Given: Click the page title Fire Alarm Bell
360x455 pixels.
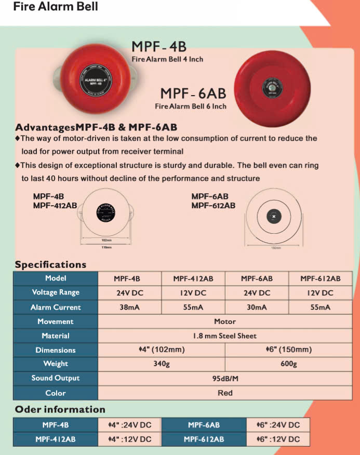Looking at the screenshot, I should point(56,7).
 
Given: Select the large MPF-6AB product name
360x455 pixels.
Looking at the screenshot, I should point(193,93).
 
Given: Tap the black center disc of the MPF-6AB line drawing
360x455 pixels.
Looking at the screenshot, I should point(273,216).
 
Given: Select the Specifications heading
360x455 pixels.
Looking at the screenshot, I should point(50,264).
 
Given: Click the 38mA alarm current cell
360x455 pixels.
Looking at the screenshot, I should point(129,307).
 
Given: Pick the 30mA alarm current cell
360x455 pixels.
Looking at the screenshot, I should point(257,307).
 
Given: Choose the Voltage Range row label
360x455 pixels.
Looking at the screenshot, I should point(56,292).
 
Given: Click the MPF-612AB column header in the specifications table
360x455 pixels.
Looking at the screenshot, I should point(320,278).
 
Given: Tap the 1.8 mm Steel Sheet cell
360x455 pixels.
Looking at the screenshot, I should point(225,336).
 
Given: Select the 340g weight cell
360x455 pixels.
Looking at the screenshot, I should point(162,364).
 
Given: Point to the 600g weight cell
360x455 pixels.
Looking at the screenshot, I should point(288,364).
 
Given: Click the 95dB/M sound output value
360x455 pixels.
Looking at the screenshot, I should point(225,379).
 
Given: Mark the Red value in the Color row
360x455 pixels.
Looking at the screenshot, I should point(225,393).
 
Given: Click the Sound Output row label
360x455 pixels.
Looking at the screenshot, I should point(56,378).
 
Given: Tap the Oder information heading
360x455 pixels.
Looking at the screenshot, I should point(60,409).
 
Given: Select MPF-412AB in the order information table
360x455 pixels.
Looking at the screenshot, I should point(56,439).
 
